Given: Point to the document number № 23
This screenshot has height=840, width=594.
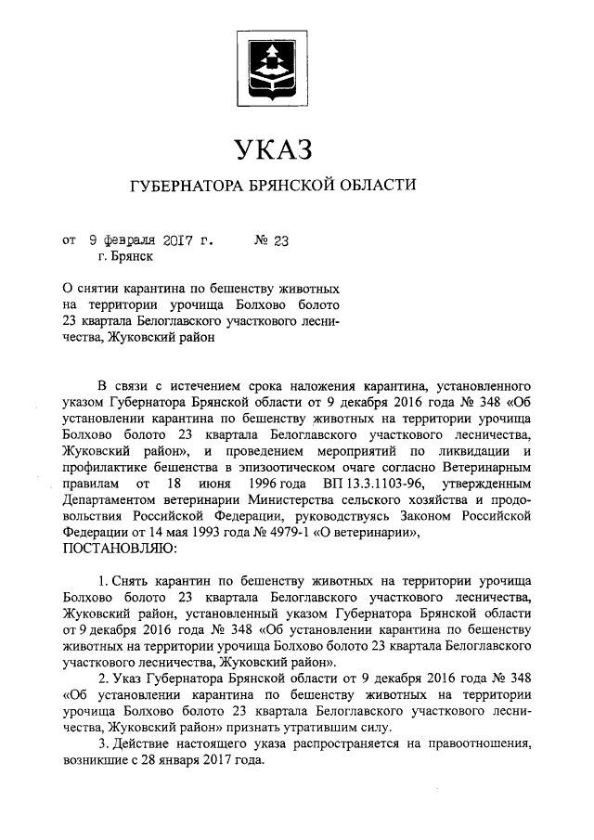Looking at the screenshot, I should click(272, 239).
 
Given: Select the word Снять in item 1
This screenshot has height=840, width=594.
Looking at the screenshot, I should click(137, 581).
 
